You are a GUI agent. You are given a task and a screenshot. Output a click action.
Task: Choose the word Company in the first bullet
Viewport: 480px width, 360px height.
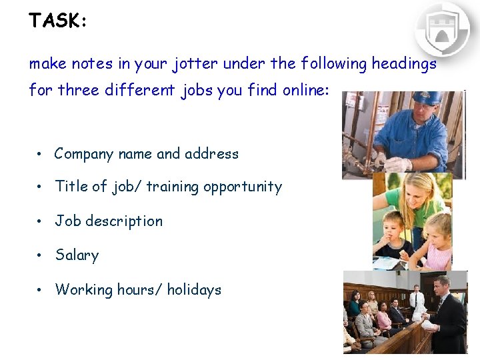click(84, 154)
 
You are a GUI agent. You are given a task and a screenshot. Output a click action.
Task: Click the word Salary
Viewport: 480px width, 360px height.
click(77, 255)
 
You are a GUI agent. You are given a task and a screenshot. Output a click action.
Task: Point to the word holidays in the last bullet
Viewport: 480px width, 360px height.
click(194, 289)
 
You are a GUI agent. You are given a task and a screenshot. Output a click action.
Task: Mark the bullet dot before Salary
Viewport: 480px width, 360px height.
click(41, 256)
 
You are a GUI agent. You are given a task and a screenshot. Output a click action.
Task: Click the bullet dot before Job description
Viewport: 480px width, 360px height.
click(41, 222)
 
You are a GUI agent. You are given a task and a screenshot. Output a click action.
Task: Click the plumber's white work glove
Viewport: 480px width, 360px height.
click(398, 163)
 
